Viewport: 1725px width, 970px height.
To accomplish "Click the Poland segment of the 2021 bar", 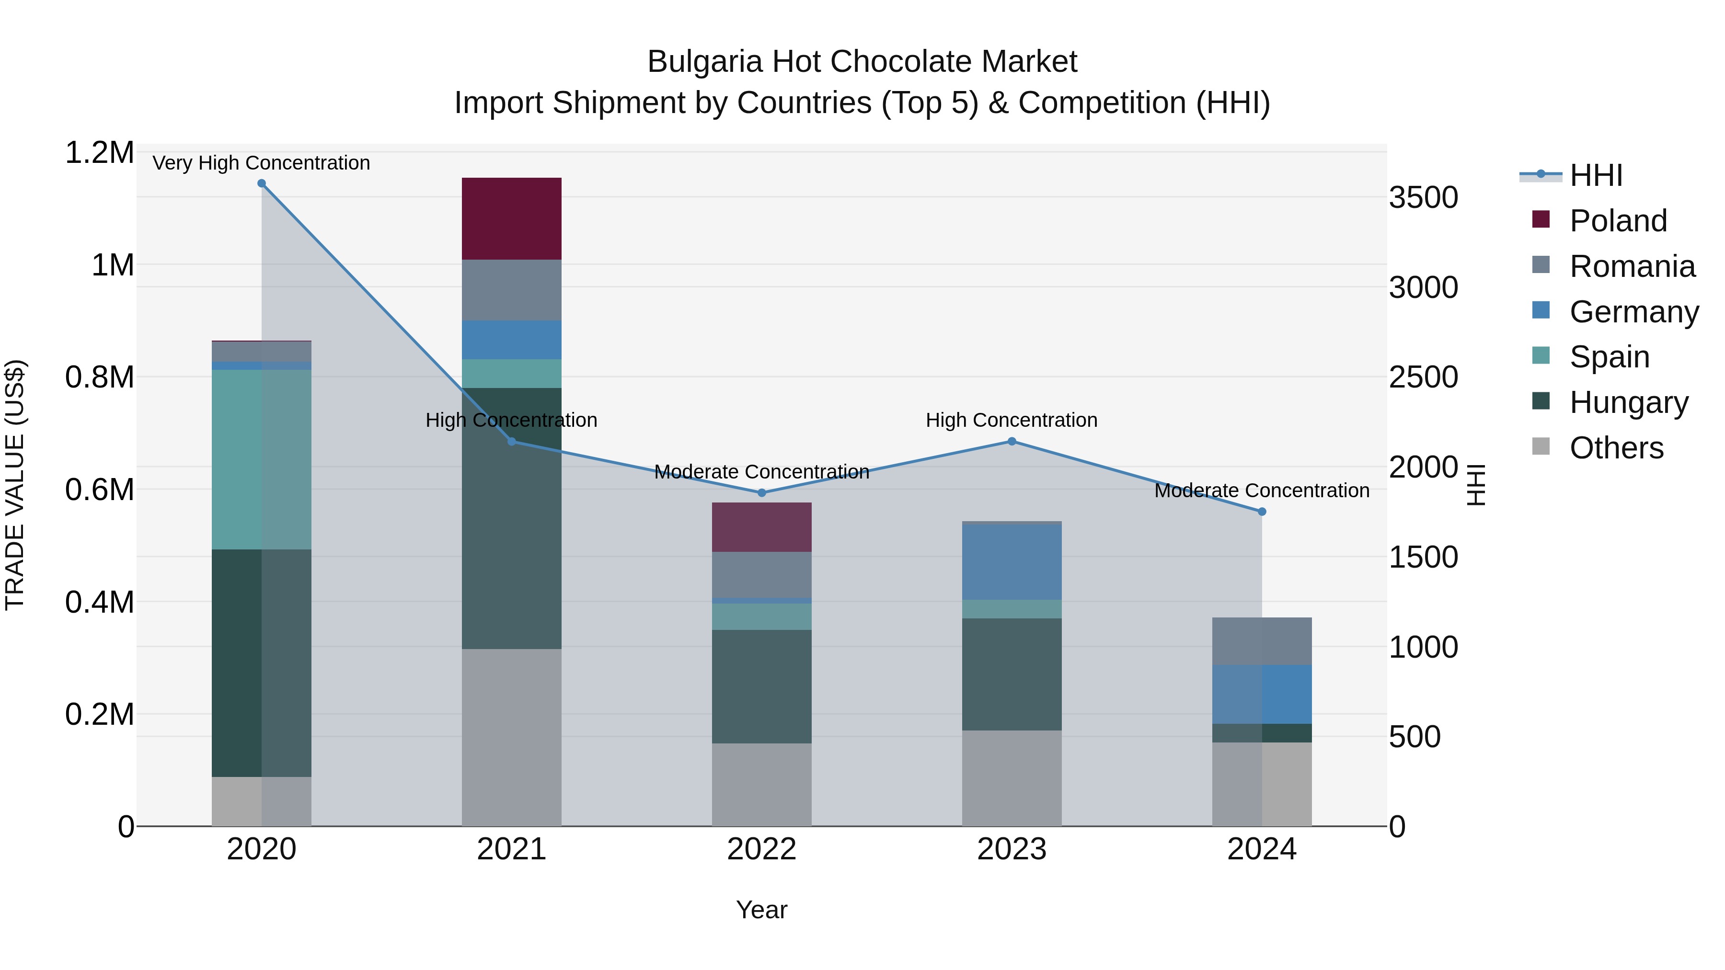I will pyautogui.click(x=512, y=218).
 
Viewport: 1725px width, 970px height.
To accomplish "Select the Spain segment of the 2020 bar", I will pyautogui.click(x=261, y=459).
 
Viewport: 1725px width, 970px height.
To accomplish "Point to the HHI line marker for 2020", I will pyautogui.click(x=262, y=183).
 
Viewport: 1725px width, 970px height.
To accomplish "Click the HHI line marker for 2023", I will pyautogui.click(x=1012, y=441).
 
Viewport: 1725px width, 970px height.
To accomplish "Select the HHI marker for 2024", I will pyautogui.click(x=1262, y=512).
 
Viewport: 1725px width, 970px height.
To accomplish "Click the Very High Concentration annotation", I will pyautogui.click(x=261, y=163).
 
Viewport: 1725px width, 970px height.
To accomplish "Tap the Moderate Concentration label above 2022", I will pyautogui.click(x=761, y=472).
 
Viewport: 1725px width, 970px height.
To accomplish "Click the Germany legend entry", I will pyautogui.click(x=1633, y=312).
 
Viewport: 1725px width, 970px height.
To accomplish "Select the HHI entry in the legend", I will pyautogui.click(x=1596, y=175).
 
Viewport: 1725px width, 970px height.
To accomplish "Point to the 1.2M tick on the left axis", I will pyautogui.click(x=99, y=153).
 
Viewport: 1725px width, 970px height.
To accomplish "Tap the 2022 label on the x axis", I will pyautogui.click(x=761, y=849).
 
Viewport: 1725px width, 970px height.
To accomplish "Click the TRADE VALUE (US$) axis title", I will pyautogui.click(x=15, y=485).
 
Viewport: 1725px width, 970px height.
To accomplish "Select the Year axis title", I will pyautogui.click(x=761, y=910).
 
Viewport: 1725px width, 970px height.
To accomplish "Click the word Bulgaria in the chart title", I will pyautogui.click(x=704, y=62).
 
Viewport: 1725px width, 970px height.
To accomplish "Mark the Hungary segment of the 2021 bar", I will pyautogui.click(x=512, y=518).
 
